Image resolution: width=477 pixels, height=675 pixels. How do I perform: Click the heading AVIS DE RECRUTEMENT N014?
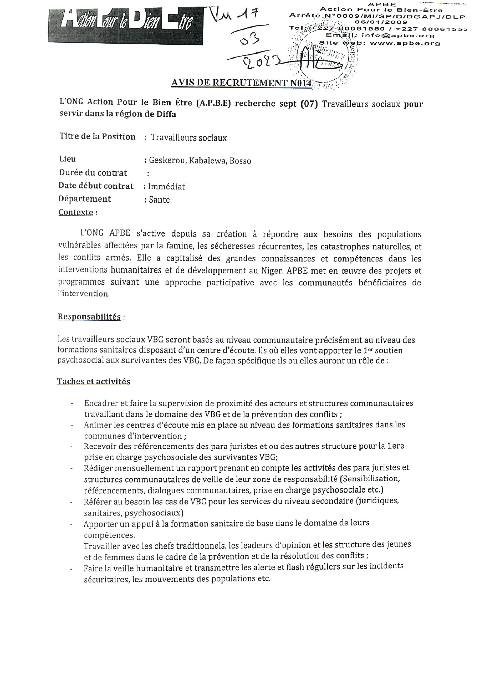241,83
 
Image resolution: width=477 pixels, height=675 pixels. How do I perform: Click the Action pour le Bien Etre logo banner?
125,26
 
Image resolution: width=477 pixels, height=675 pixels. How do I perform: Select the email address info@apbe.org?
398,36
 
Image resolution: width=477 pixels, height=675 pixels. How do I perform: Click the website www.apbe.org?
405,44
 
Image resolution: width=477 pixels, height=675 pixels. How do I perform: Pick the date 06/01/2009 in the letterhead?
381,22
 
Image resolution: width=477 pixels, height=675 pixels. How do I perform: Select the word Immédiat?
167,186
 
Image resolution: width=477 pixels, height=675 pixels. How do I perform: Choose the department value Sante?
159,200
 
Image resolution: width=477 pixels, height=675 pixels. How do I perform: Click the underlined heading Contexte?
76,212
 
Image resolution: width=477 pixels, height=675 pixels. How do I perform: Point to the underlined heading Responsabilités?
89,317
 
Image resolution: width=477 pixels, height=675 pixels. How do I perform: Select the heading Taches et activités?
94,381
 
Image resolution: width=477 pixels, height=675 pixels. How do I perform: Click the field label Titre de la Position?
97,137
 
